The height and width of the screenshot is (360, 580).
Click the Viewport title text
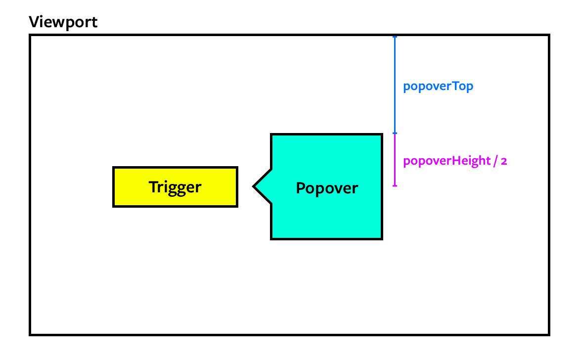click(x=63, y=22)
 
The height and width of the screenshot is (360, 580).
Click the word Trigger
click(x=175, y=187)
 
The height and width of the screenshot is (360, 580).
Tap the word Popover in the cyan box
click(x=326, y=188)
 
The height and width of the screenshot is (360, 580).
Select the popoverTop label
click(x=438, y=86)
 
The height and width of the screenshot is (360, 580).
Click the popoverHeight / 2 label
click(x=455, y=161)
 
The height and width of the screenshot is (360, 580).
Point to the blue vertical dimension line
click(x=395, y=84)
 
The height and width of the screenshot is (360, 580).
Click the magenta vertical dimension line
click(x=395, y=159)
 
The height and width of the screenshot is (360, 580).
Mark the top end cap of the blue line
click(x=395, y=37)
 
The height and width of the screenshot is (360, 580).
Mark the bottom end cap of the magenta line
click(x=395, y=186)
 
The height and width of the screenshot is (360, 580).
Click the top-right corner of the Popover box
click(x=382, y=135)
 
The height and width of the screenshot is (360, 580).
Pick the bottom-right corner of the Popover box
click(x=382, y=239)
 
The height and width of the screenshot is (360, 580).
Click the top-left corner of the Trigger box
click(x=114, y=168)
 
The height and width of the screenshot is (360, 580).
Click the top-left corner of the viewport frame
click(x=30, y=35)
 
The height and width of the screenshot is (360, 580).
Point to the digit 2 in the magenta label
click(x=503, y=162)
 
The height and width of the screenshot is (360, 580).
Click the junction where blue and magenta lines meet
click(x=395, y=133)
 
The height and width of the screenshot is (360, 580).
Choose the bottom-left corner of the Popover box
click(x=271, y=239)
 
